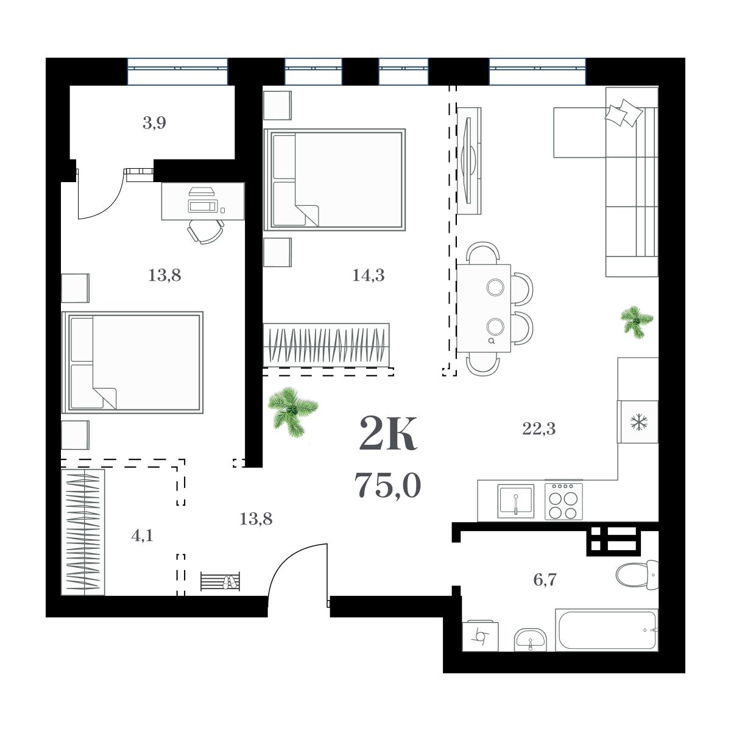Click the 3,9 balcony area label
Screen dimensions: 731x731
[x=154, y=123]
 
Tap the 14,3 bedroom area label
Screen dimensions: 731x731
[x=368, y=275]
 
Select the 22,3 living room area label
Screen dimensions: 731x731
[x=539, y=429]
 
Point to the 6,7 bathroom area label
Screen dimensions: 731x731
[x=545, y=580]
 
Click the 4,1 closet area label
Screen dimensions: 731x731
[x=142, y=536]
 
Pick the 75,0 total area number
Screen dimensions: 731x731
[x=387, y=486]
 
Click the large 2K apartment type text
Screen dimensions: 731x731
[x=388, y=433]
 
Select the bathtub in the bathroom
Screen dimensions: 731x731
[x=606, y=629]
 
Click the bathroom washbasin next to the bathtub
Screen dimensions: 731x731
[x=530, y=640]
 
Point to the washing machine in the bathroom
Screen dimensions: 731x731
[x=480, y=637]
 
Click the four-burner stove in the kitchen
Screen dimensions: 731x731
[x=563, y=501]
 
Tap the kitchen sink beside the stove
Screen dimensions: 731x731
[x=515, y=500]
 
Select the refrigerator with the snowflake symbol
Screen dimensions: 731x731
[x=638, y=422]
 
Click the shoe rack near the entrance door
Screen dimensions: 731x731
[x=220, y=582]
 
